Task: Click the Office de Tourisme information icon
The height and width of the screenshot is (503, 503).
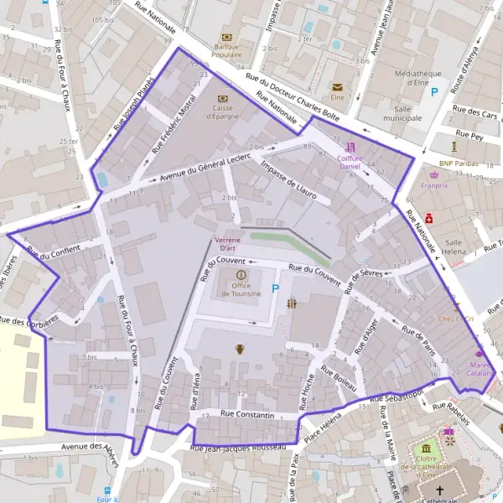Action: (x=241, y=274)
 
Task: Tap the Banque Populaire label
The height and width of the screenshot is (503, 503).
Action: (x=226, y=51)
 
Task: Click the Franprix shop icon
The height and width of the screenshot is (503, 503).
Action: (x=434, y=175)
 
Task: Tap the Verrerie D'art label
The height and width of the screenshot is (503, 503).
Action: (x=227, y=244)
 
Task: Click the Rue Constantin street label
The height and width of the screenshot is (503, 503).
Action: (x=247, y=415)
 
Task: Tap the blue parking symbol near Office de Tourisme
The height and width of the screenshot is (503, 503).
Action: (x=276, y=290)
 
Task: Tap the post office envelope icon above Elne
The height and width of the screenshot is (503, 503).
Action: (x=338, y=86)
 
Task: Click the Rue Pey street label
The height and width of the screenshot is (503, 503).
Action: (x=469, y=133)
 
